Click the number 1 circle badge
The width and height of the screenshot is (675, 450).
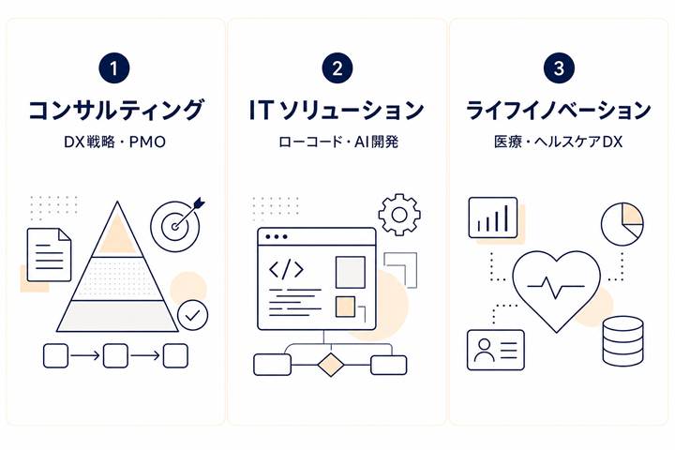point(114,68)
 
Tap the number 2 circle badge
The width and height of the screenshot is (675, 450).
point(337,68)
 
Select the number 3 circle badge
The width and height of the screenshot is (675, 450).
point(559,68)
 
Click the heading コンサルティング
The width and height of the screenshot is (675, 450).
point(115,110)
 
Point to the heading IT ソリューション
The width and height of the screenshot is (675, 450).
point(337,110)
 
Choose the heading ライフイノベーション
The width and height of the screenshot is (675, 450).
point(559,110)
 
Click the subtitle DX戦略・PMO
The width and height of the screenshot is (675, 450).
point(115,142)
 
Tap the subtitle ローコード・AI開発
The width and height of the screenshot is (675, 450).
point(338,142)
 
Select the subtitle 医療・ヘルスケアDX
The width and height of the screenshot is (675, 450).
point(559,142)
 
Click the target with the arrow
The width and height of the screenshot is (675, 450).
point(176,225)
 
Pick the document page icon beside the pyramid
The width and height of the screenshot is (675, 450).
point(49,254)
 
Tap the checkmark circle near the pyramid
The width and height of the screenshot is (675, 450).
point(193,315)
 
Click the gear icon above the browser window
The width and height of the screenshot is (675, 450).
point(399,215)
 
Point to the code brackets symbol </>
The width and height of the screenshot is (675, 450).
point(286,270)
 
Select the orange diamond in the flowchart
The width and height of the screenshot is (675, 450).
point(331,365)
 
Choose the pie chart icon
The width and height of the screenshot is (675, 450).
point(622,224)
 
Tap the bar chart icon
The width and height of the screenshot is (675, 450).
point(493,217)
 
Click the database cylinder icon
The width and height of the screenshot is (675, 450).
point(622,341)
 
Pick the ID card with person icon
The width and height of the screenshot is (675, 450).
point(496,350)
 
